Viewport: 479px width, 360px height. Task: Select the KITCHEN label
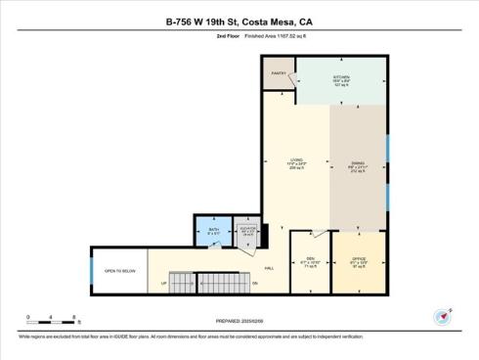coord(341,75)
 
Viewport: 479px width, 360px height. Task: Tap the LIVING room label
coord(295,159)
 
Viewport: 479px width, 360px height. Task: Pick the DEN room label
coord(309,259)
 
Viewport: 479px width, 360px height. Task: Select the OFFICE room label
coord(358,259)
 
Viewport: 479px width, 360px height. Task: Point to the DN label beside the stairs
coord(254,284)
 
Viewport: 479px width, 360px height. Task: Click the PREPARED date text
coord(239,320)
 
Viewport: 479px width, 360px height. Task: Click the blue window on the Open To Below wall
coord(92,270)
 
